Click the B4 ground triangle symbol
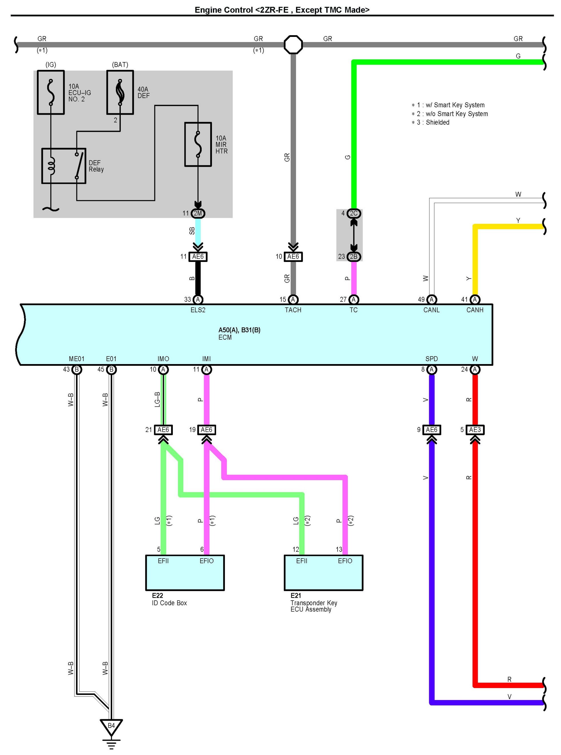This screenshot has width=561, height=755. pos(111,727)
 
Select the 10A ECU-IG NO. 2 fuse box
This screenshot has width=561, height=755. pos(51,92)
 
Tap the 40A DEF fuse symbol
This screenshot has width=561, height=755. pos(120,92)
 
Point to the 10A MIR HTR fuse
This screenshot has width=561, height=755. pos(198,144)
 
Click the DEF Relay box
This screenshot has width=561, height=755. pos(64,166)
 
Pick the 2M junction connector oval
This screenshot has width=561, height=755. pos(198,213)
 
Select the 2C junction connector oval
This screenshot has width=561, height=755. pos(354,213)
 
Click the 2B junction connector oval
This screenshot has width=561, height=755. pos(354,257)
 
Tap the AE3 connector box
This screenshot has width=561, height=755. pos(475,430)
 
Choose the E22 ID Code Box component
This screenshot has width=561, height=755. pos(185,573)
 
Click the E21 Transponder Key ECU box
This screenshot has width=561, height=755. pos(323,573)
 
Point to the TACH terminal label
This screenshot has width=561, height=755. pos(293,310)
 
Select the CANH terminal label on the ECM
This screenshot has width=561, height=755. pos(474,310)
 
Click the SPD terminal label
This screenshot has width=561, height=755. pos(431,359)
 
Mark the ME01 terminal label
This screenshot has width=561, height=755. pos(76,359)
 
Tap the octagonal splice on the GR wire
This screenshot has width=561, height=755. pos(293,45)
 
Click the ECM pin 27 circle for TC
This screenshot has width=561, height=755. pos(354,299)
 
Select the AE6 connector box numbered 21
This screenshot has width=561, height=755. pos(163,430)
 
